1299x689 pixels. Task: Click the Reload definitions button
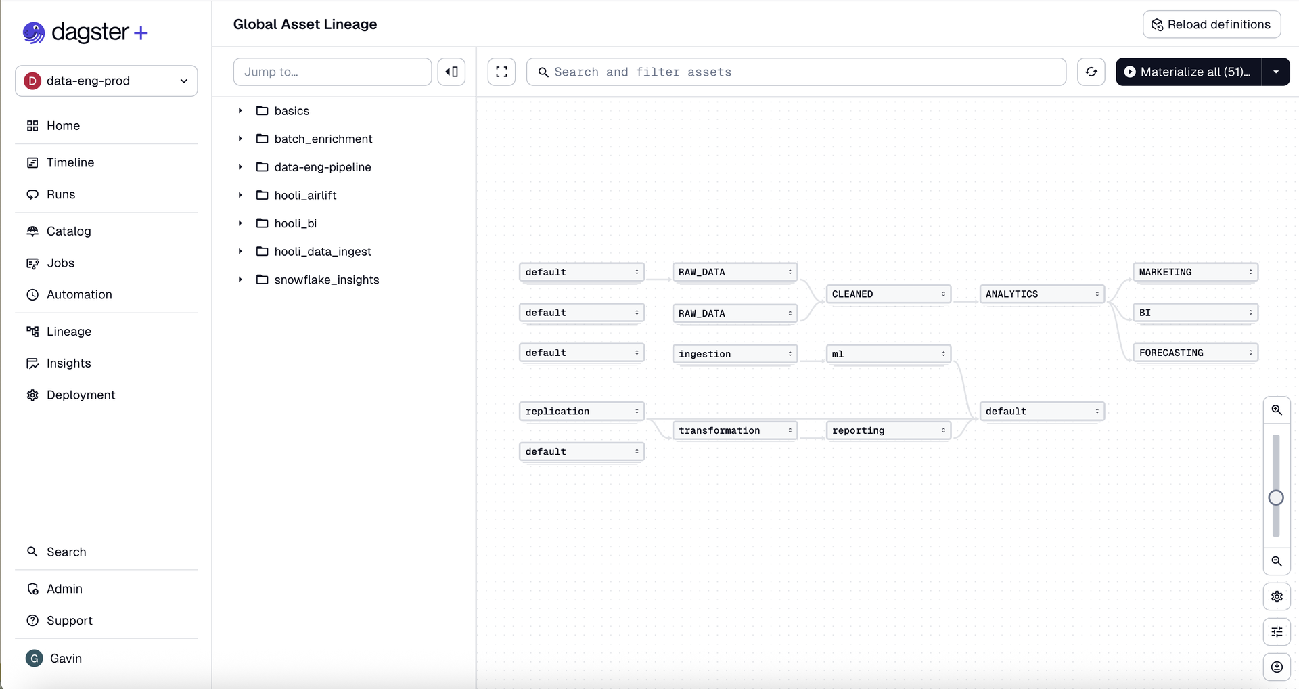1212,24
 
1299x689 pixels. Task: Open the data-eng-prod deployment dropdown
106,81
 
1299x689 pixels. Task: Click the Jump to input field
332,72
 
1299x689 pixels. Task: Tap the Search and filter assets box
796,72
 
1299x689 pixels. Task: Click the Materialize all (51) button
1188,72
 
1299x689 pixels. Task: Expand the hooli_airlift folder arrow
240,195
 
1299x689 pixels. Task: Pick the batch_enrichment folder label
323,139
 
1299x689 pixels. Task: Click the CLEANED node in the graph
888,294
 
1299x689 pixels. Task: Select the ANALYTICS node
1042,294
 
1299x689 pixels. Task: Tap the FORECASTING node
1195,353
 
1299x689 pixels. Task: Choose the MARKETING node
1195,272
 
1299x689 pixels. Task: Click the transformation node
735,430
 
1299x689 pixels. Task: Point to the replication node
582,412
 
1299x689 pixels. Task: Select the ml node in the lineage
888,354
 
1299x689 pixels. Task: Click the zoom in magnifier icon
1277,410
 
